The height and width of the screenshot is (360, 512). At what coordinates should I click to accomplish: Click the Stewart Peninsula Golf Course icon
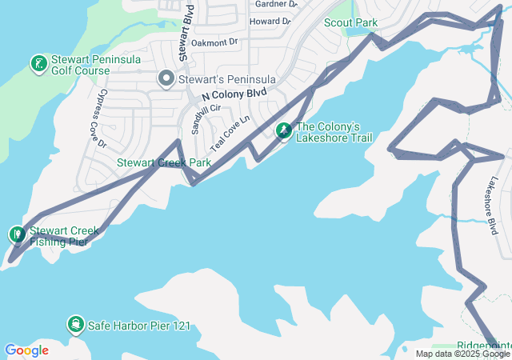pyautogui.click(x=38, y=62)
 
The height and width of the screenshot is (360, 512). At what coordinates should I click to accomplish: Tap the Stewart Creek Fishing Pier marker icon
pyautogui.click(x=18, y=234)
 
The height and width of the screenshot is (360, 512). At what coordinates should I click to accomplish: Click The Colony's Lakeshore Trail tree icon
pyautogui.click(x=283, y=130)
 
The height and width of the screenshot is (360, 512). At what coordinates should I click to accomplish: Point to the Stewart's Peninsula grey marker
pyautogui.click(x=166, y=78)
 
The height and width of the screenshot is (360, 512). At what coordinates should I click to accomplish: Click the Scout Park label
pyautogui.click(x=350, y=22)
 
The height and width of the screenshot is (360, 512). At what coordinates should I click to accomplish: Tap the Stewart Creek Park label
pyautogui.click(x=164, y=162)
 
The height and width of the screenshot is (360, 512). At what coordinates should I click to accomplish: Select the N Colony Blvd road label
pyautogui.click(x=234, y=94)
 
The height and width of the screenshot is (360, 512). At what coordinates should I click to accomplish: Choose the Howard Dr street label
pyautogui.click(x=269, y=21)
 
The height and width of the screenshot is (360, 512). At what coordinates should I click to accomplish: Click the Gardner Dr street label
pyautogui.click(x=275, y=4)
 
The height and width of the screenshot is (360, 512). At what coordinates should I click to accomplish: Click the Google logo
pyautogui.click(x=26, y=350)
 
